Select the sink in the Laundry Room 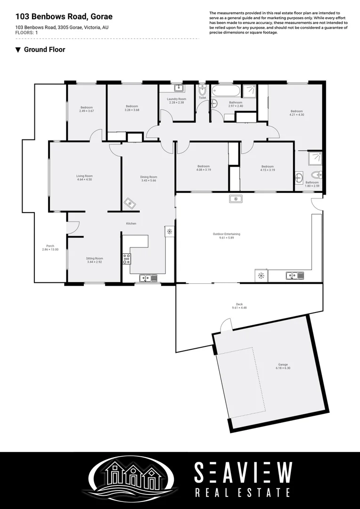pyautogui.click(x=179, y=88)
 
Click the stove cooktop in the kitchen pyautogui.click(x=126, y=258)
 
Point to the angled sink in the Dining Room pyautogui.click(x=129, y=203)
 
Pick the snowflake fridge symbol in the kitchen pyautogui.click(x=169, y=231)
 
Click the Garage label pyautogui.click(x=283, y=364)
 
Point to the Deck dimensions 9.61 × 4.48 pyautogui.click(x=239, y=308)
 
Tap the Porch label pyautogui.click(x=50, y=246)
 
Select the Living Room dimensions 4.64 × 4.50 pyautogui.click(x=84, y=180)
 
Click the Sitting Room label pyautogui.click(x=94, y=258)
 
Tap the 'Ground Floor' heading pyautogui.click(x=44, y=49)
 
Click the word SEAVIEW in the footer pyautogui.click(x=243, y=473)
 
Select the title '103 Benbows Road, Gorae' pyautogui.click(x=64, y=17)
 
